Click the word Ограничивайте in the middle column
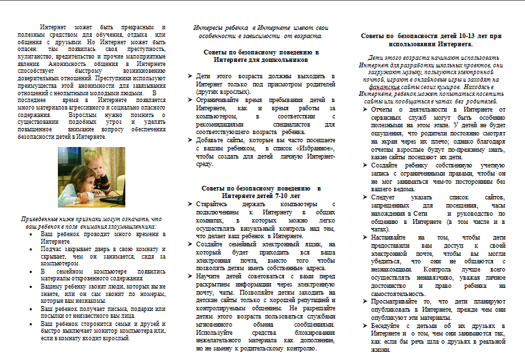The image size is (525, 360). click(220, 100)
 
